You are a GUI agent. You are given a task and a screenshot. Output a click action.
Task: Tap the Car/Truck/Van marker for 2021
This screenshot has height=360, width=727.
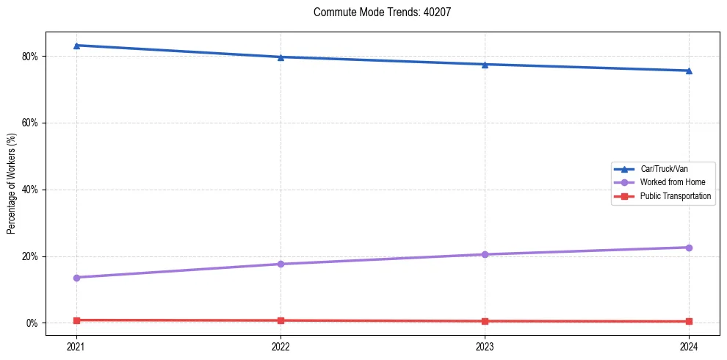point(76,46)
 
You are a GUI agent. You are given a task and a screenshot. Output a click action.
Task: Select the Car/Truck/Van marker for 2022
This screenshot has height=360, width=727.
point(281,57)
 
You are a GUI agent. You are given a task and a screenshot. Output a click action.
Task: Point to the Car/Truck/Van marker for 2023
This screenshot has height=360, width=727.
point(485,64)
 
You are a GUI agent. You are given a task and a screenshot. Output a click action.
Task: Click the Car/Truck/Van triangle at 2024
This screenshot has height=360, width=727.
point(689,71)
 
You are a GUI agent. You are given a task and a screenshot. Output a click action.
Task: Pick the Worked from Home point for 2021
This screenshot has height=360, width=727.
point(76,278)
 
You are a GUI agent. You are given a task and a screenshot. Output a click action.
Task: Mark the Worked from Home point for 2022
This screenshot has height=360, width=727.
point(281,264)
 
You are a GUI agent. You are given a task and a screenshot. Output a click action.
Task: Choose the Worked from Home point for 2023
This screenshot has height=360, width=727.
point(485,254)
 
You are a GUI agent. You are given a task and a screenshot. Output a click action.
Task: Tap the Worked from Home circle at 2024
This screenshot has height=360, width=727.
point(689,248)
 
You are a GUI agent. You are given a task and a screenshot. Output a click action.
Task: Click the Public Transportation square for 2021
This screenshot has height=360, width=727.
point(76,320)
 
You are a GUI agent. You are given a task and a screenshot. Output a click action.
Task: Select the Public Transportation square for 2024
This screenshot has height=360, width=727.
point(689,321)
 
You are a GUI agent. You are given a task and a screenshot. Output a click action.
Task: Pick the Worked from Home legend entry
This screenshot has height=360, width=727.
point(673,182)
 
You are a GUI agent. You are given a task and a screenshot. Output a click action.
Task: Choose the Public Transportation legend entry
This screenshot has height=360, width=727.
point(675,196)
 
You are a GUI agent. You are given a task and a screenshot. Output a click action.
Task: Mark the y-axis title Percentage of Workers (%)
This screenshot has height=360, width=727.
point(11,183)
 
